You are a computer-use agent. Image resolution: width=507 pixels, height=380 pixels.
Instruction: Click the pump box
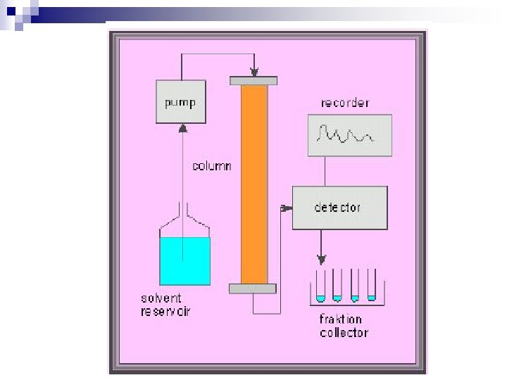pyautogui.click(x=181, y=103)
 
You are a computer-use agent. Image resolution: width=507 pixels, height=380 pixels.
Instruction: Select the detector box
pyautogui.click(x=339, y=207)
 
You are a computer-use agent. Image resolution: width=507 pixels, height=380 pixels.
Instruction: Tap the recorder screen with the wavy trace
pyautogui.click(x=349, y=134)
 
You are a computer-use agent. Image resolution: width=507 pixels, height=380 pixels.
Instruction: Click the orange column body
pyautogui.click(x=254, y=183)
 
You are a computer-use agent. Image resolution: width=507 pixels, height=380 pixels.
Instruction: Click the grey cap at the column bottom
pyautogui.click(x=252, y=288)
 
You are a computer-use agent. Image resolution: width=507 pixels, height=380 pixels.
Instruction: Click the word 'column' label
pyautogui.click(x=213, y=167)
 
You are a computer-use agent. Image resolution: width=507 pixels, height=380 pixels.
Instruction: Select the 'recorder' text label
pyautogui.click(x=345, y=103)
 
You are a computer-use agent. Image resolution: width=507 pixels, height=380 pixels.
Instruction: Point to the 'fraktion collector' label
pyautogui.click(x=344, y=326)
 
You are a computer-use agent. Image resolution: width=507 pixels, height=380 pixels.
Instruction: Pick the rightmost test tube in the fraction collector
pyautogui.click(x=371, y=290)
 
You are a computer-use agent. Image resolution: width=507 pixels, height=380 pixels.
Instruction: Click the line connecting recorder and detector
pyautogui.click(x=324, y=171)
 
